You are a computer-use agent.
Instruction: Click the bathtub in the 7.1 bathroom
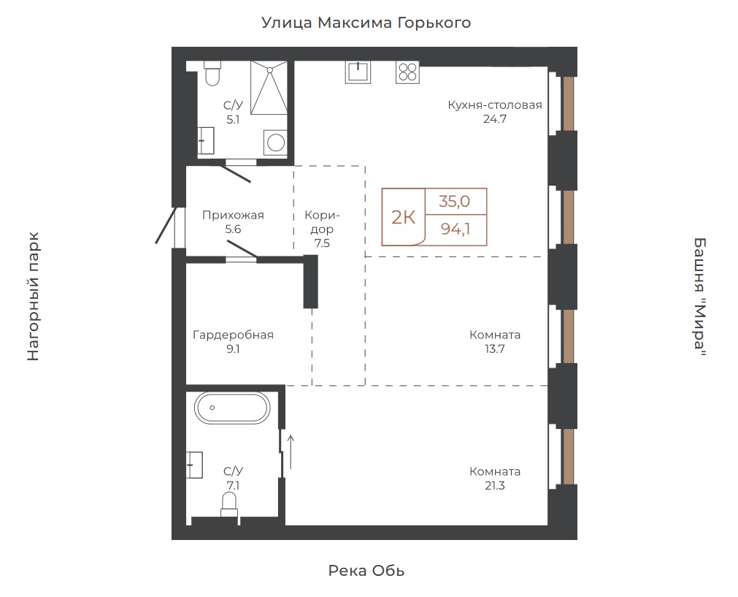click(232, 408)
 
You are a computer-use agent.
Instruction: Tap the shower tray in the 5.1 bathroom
click(269, 88)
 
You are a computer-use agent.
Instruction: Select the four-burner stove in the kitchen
click(407, 72)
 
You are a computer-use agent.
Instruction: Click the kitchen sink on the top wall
click(358, 72)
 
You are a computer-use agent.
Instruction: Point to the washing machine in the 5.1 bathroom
click(275, 142)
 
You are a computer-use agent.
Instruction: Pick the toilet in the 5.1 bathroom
click(212, 74)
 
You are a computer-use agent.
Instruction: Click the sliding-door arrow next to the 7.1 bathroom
click(291, 452)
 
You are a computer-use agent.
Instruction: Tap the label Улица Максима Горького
click(366, 23)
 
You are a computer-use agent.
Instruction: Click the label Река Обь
click(366, 571)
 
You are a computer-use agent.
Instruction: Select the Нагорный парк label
click(33, 297)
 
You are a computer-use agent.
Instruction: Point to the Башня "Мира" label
click(700, 297)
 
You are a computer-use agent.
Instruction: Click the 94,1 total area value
click(456, 229)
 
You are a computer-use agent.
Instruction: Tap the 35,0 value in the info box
click(455, 201)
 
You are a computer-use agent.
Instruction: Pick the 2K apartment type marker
click(404, 218)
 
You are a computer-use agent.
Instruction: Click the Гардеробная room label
click(233, 335)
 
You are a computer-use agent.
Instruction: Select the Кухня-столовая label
click(495, 104)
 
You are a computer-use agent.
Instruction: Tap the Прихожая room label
click(233, 216)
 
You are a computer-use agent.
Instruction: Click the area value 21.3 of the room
click(495, 485)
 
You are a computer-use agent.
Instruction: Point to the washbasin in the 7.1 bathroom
click(194, 465)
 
